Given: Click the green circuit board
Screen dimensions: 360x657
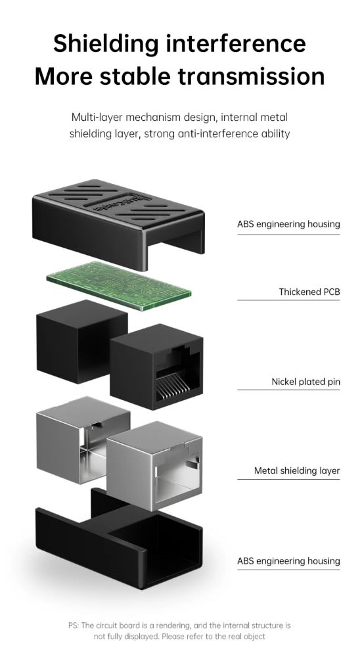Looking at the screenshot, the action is coord(119,285).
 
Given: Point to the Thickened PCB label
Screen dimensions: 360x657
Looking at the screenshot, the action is coord(309,292).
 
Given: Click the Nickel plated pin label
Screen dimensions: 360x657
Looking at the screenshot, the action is coord(306,382).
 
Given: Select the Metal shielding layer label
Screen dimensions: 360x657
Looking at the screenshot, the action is coord(297,470).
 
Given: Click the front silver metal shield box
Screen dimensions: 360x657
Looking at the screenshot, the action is coord(154,466).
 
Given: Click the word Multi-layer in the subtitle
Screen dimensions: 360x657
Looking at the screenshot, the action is coord(97,117).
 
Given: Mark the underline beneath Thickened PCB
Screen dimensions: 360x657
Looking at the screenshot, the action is coord(289,300).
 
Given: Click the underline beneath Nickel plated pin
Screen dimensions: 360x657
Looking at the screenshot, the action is coord(289,390).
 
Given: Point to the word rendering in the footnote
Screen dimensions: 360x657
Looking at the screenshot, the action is coord(173,626).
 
